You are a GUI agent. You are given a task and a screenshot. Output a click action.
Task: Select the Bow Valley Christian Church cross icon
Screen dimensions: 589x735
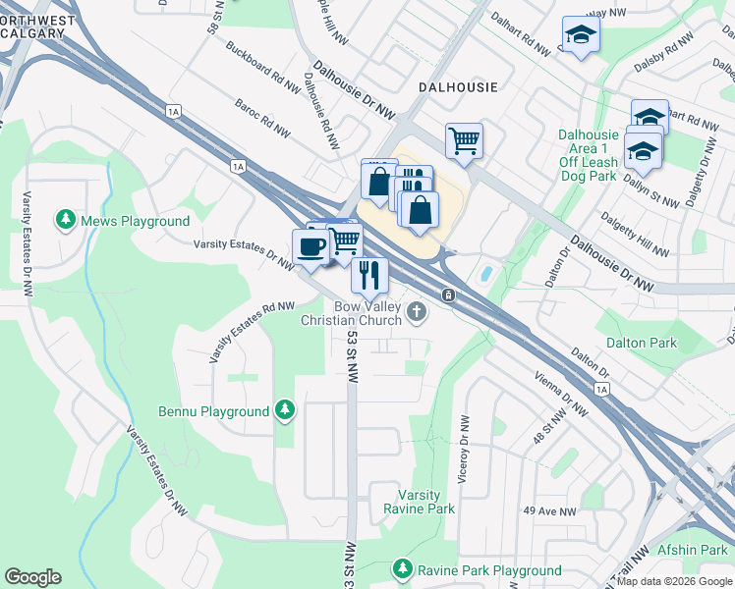(x=417, y=313)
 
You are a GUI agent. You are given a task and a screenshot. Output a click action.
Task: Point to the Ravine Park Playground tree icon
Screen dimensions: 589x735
(x=402, y=569)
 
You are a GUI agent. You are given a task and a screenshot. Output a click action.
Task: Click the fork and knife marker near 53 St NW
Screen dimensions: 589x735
(x=369, y=274)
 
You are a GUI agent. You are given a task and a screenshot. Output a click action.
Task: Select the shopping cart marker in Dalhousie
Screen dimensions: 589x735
(x=464, y=139)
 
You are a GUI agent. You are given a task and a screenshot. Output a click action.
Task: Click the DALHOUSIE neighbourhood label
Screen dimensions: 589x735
(x=453, y=86)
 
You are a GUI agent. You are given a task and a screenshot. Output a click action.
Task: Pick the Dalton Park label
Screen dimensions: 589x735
(x=642, y=343)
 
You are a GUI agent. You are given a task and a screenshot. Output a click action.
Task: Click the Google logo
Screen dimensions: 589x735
(x=32, y=577)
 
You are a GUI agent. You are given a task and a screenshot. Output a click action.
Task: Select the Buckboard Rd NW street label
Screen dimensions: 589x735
(x=262, y=67)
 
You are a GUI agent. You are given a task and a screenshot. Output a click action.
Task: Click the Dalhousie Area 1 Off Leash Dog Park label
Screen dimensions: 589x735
(x=588, y=155)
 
